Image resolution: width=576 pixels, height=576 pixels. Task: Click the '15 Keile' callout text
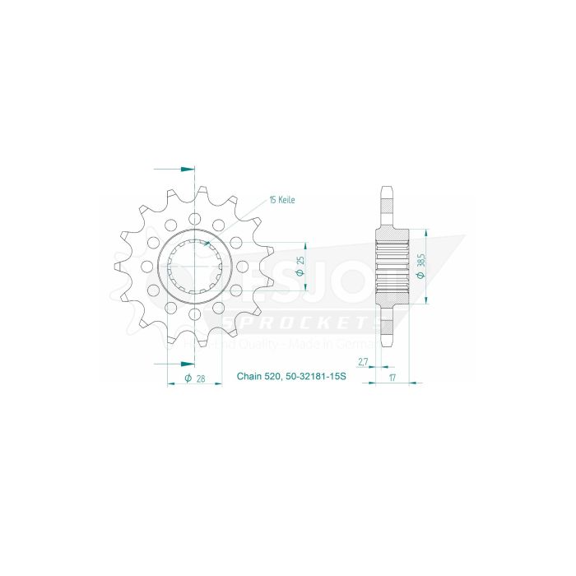[281, 200]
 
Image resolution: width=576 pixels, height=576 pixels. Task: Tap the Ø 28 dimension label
[195, 378]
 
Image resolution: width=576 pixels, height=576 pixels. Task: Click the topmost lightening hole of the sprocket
[195, 219]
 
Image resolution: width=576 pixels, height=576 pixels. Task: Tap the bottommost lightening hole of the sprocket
[195, 314]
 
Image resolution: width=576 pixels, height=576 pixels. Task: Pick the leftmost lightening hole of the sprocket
[146, 267]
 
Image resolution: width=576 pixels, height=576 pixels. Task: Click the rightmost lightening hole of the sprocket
[244, 267]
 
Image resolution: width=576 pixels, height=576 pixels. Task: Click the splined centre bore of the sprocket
[195, 267]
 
